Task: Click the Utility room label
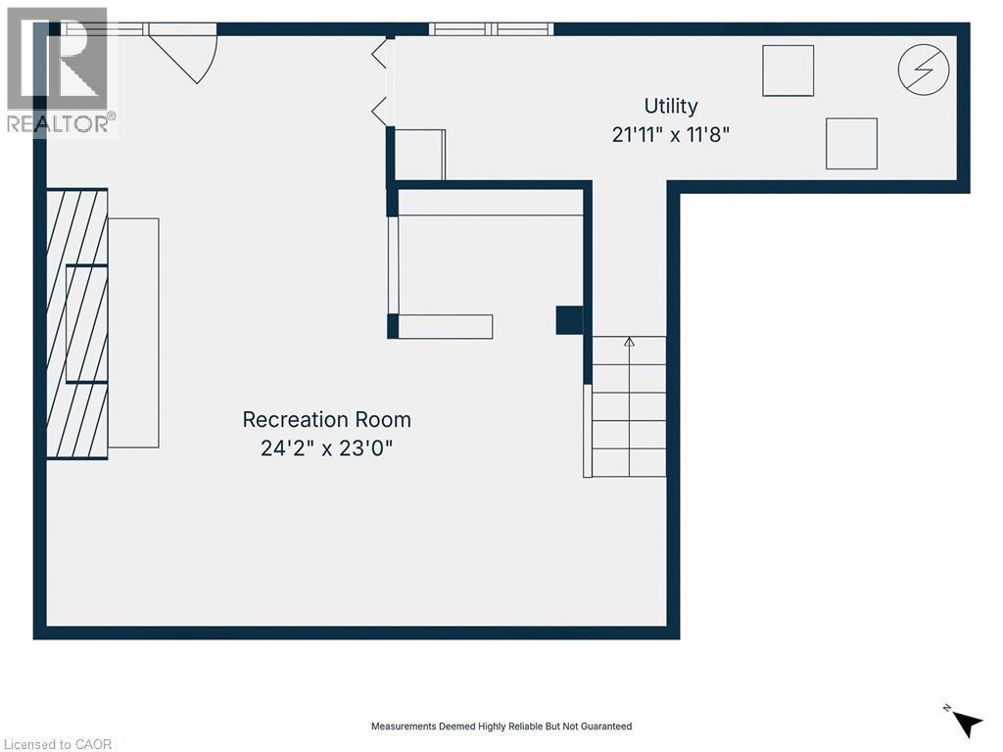[x=670, y=106]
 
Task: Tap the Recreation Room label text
[x=327, y=419]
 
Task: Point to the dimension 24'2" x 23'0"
[x=326, y=448]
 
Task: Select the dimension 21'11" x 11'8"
[x=670, y=135]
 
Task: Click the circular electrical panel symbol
[x=923, y=70]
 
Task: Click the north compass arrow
[x=967, y=725]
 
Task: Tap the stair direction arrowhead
[x=630, y=342]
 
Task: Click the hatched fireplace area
[x=76, y=323]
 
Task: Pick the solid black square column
[x=569, y=320]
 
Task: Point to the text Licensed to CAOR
[x=58, y=744]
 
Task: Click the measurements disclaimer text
[x=501, y=727]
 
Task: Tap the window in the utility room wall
[x=492, y=28]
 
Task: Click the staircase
[x=629, y=406]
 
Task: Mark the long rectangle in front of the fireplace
[x=133, y=333]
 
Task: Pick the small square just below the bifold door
[x=419, y=155]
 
